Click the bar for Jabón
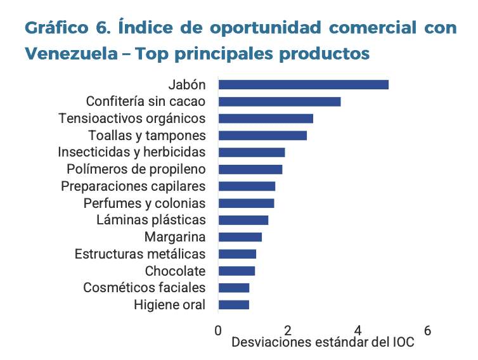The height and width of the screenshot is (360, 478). click(x=303, y=85)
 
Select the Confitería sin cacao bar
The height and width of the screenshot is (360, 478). click(x=279, y=101)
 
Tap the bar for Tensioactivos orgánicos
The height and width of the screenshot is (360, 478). click(x=266, y=119)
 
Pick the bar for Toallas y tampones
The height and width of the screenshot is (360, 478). click(x=262, y=136)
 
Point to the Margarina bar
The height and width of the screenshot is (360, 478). click(x=240, y=237)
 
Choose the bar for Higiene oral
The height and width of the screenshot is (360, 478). click(x=233, y=305)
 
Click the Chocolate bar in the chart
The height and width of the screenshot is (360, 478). click(x=236, y=271)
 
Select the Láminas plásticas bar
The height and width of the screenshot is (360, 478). click(x=243, y=220)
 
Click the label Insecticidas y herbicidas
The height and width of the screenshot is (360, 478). click(x=132, y=152)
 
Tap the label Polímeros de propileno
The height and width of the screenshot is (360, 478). click(x=136, y=169)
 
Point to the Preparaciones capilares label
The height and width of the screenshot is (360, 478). click(x=133, y=186)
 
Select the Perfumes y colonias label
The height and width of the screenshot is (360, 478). click(x=145, y=203)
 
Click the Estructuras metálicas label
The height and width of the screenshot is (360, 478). click(x=140, y=254)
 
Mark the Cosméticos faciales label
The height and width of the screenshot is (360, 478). click(x=145, y=288)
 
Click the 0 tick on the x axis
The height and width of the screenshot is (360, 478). click(x=218, y=330)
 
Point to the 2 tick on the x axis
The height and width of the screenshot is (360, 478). click(x=288, y=330)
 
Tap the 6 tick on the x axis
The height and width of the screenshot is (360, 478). click(x=427, y=330)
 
